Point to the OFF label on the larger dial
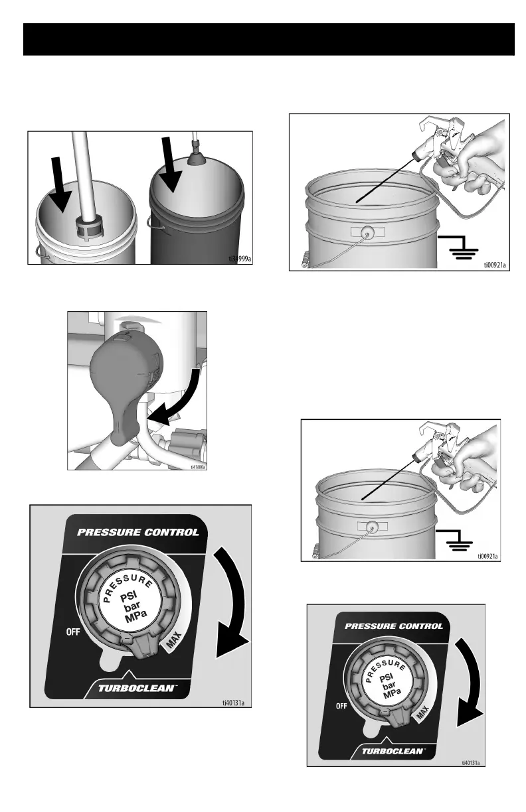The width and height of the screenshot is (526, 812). coord(72,632)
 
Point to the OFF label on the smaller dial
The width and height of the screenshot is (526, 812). coord(342,706)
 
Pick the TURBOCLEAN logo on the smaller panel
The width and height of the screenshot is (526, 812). coord(396,752)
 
